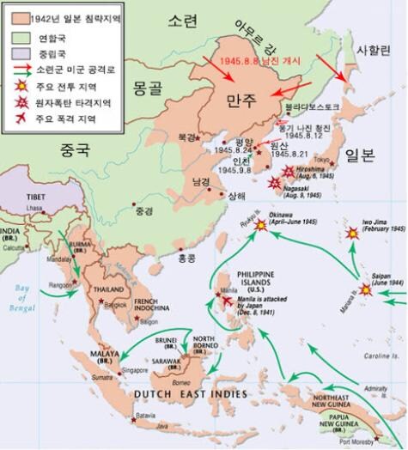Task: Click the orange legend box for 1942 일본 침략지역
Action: pyautogui.click(x=15, y=15)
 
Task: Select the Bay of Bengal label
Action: pyautogui.click(x=24, y=300)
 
